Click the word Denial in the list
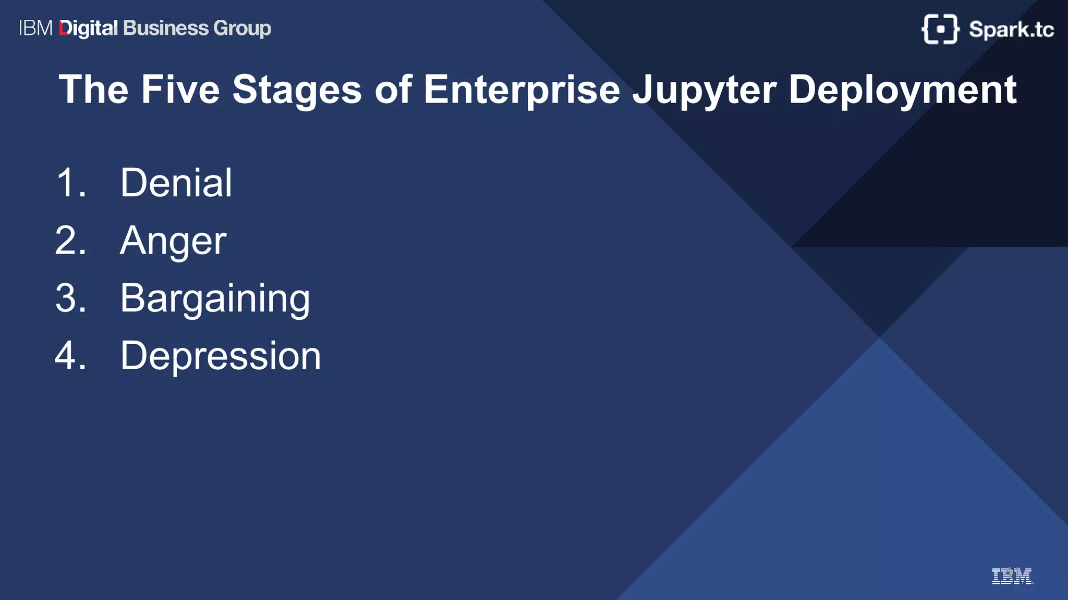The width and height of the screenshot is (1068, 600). pos(176,183)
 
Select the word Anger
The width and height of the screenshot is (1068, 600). pos(173,241)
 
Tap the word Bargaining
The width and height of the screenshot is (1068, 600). pos(215,298)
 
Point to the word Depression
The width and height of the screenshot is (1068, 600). pos(221,356)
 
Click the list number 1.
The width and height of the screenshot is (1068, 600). pos(70,183)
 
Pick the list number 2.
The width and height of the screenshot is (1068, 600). pos(70,241)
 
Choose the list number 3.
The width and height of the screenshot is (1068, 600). pos(70,298)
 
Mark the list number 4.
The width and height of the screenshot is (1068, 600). pos(70,356)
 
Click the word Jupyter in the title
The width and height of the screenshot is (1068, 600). pos(704,90)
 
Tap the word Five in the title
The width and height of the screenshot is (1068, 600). pos(180,90)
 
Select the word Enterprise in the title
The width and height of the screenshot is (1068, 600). pos(521,90)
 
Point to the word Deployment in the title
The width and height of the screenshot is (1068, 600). pos(902,90)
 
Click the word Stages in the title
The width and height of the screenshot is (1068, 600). pos(296,90)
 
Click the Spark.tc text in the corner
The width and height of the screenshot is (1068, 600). pos(1011,29)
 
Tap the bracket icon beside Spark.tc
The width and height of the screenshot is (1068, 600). pos(940,29)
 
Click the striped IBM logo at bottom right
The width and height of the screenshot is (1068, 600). pos(1012,576)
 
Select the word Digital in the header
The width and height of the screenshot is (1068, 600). pos(89,28)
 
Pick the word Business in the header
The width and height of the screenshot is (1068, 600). pos(166,28)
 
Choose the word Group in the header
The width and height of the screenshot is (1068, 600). pos(242,28)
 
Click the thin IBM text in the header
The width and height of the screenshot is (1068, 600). pos(35,28)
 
